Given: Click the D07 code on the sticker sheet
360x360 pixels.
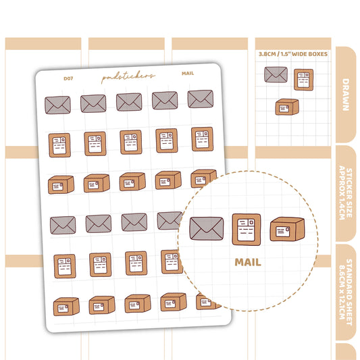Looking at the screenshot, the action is (x=68, y=78).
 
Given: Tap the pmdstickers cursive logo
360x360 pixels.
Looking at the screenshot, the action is (x=128, y=76).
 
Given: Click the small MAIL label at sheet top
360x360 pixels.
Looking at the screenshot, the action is (x=188, y=73).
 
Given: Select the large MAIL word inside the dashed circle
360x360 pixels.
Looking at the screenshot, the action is (x=248, y=262).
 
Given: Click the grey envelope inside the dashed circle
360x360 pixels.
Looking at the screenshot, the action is (x=207, y=228).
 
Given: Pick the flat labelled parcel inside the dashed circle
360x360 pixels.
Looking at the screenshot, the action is (x=247, y=230).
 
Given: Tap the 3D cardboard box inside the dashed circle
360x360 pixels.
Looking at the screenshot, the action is (x=287, y=229).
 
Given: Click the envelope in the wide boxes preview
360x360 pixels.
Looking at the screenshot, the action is (x=276, y=74).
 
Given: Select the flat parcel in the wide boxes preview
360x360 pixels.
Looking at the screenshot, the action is (x=303, y=80).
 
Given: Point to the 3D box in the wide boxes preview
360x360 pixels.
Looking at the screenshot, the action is (x=287, y=107).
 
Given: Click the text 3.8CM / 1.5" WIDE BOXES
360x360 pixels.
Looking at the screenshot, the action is (x=293, y=54).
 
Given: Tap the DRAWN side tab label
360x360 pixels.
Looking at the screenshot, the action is (x=346, y=95).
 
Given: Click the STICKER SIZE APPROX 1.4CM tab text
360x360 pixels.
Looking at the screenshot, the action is (x=346, y=193).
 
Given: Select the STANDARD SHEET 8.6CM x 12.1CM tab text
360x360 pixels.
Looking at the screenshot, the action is (x=346, y=292).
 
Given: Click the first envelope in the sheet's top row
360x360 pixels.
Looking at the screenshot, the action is (x=57, y=105).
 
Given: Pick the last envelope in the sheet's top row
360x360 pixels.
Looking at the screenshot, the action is (x=201, y=99).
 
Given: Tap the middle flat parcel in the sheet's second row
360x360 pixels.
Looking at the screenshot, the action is (x=131, y=142).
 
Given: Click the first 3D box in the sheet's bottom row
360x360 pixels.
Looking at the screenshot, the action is (x=66, y=307).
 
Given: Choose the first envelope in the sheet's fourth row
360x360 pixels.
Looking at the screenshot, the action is (x=63, y=225).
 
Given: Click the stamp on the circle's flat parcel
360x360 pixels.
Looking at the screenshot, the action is (x=251, y=222).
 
